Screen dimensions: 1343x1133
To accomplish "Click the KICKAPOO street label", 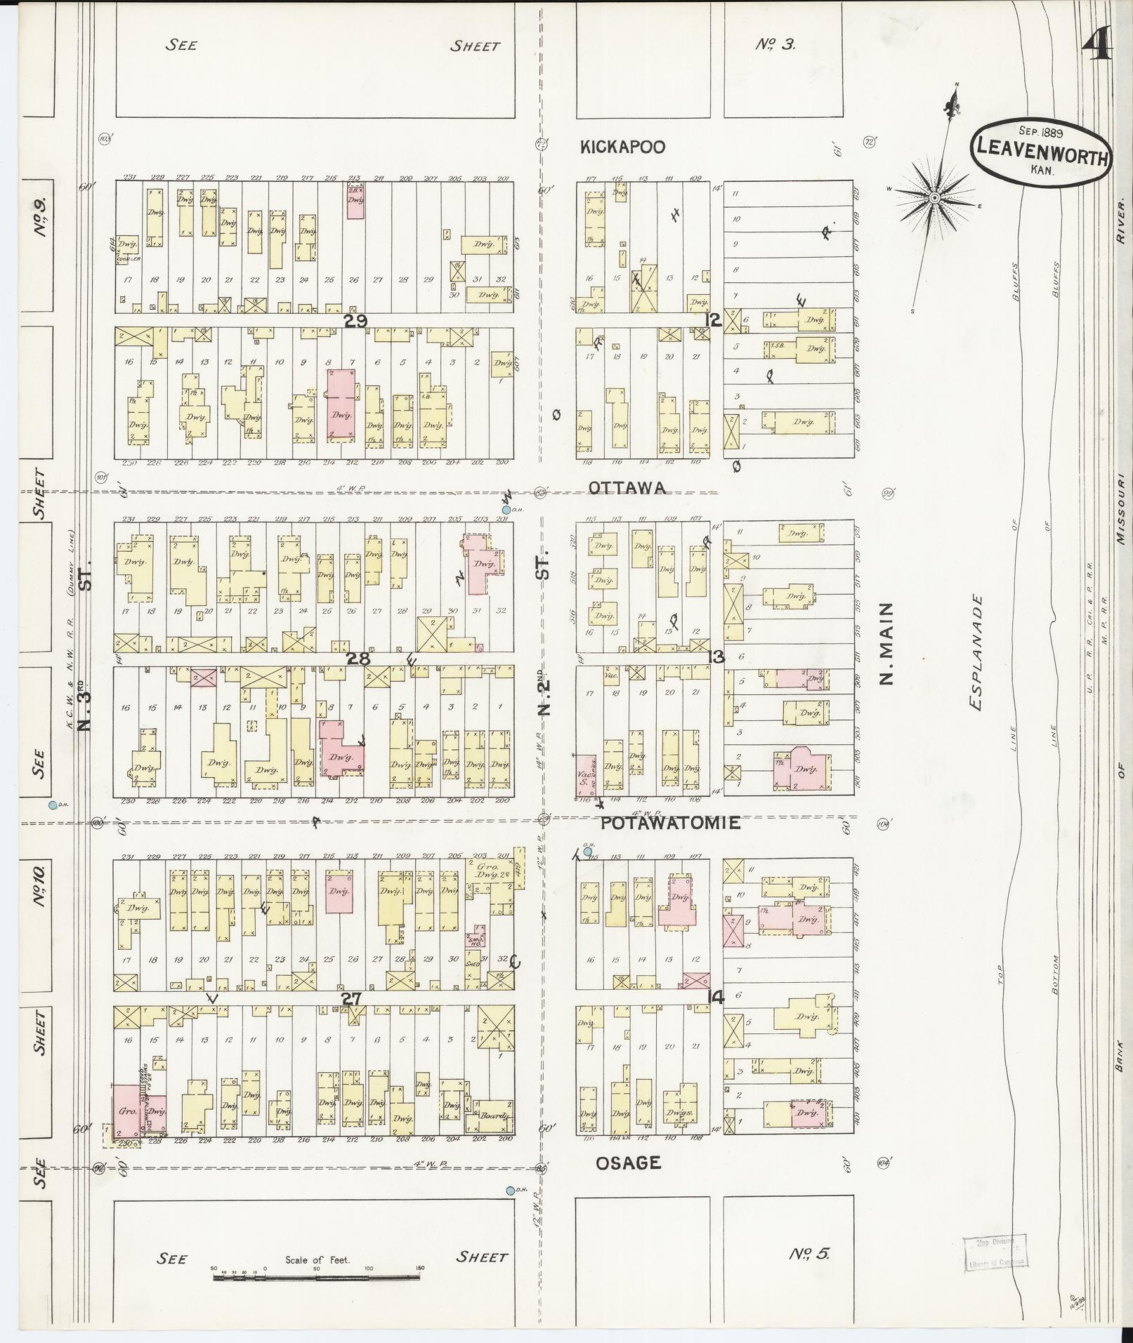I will click(622, 147).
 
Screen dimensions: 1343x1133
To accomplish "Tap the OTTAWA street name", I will click(627, 488).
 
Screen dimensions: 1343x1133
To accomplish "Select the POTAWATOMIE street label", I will click(670, 823).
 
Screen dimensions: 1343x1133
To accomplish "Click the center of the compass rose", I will click(935, 199).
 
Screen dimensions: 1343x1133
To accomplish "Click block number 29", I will click(355, 320).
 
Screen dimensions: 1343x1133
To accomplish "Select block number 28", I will click(358, 659).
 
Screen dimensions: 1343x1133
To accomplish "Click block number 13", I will click(717, 658).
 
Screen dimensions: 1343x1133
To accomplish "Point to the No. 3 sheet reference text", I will click(775, 46).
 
